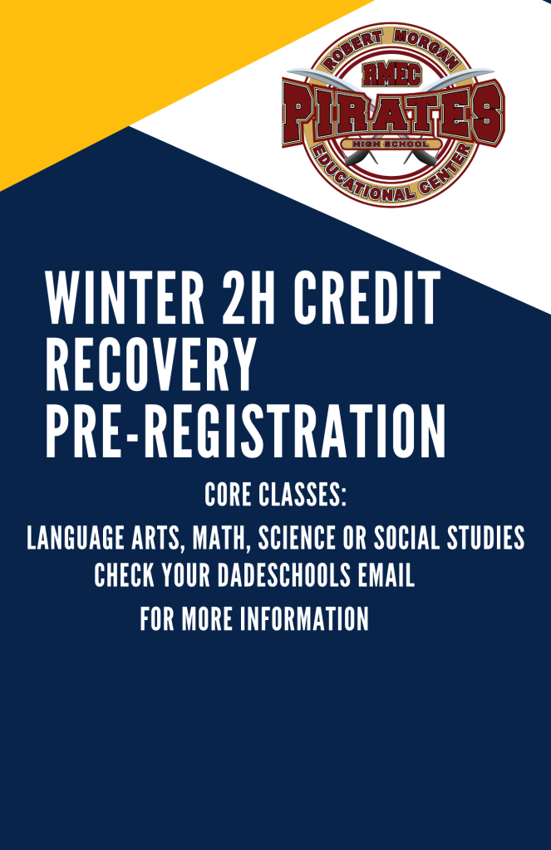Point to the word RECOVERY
150,364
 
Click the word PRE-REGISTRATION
246,431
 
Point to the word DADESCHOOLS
284,575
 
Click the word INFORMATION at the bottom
304,618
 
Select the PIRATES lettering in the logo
393,115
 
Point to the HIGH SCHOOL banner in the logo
391,144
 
